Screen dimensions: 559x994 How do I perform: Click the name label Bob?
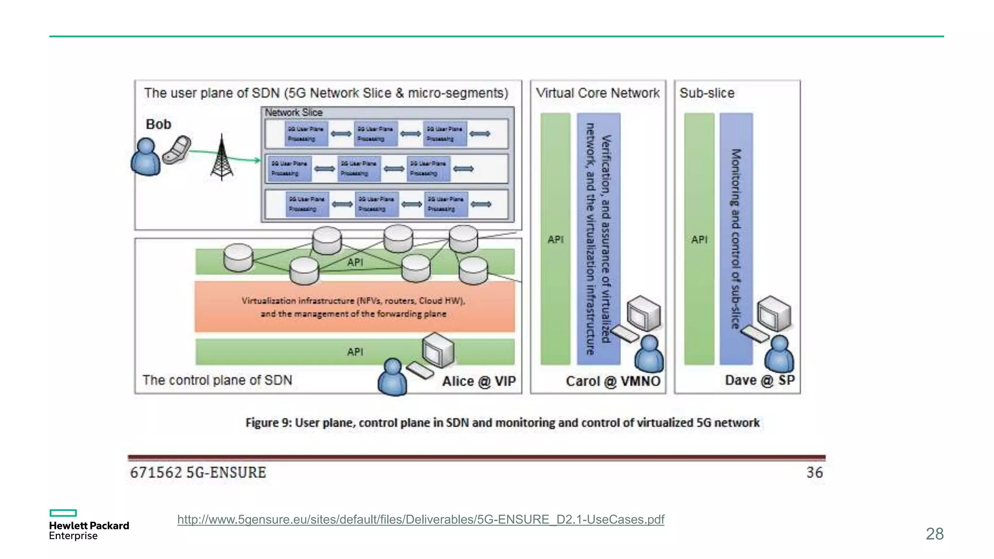(x=158, y=124)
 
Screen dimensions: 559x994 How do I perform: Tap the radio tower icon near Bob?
(x=222, y=158)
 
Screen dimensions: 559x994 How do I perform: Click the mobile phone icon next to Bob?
(x=176, y=150)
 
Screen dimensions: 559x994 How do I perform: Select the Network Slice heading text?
(x=294, y=112)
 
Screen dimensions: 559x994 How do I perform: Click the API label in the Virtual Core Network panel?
(x=555, y=239)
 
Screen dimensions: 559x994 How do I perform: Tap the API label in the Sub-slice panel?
(x=699, y=239)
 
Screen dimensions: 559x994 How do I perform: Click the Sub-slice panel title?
(x=707, y=93)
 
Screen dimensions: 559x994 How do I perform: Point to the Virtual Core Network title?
(x=597, y=93)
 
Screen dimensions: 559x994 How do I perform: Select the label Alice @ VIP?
(x=479, y=381)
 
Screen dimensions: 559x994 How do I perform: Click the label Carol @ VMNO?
(x=613, y=381)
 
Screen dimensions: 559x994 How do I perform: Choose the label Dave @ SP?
(x=760, y=380)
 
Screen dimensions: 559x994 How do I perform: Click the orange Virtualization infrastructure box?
(x=354, y=307)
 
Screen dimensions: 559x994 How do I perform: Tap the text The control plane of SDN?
(x=217, y=380)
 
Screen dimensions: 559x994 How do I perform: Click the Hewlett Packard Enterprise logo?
(x=89, y=525)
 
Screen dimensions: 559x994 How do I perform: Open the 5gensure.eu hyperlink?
(x=420, y=519)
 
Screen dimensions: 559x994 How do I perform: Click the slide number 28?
(x=934, y=534)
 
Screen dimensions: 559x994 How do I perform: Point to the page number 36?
(x=814, y=472)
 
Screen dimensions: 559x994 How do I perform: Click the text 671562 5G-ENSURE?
(x=198, y=472)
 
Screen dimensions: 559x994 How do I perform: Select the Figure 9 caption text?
(x=502, y=423)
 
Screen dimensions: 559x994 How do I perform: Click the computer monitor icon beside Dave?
(x=775, y=313)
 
